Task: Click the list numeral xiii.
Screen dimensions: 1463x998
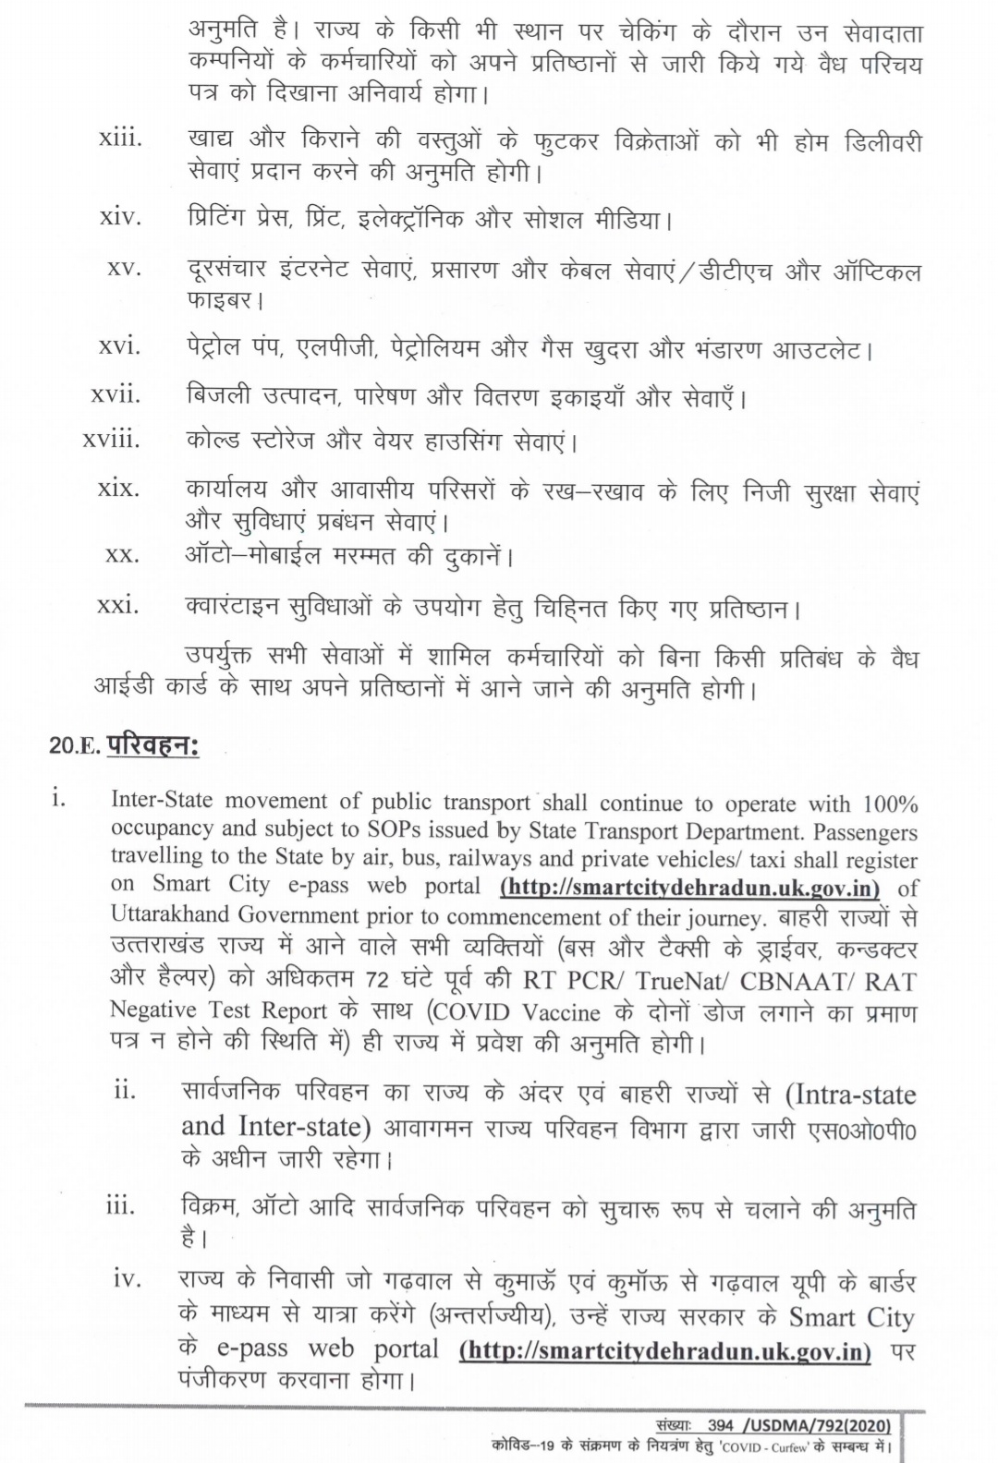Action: point(120,139)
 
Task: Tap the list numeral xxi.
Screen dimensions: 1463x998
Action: point(119,606)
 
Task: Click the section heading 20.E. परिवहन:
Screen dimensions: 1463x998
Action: point(124,746)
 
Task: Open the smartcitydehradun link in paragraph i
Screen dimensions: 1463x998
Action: point(689,887)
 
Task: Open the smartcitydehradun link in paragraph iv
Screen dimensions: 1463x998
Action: point(665,1349)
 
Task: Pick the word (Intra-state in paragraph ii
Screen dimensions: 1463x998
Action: point(849,1094)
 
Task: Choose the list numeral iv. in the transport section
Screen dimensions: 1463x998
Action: point(128,1278)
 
